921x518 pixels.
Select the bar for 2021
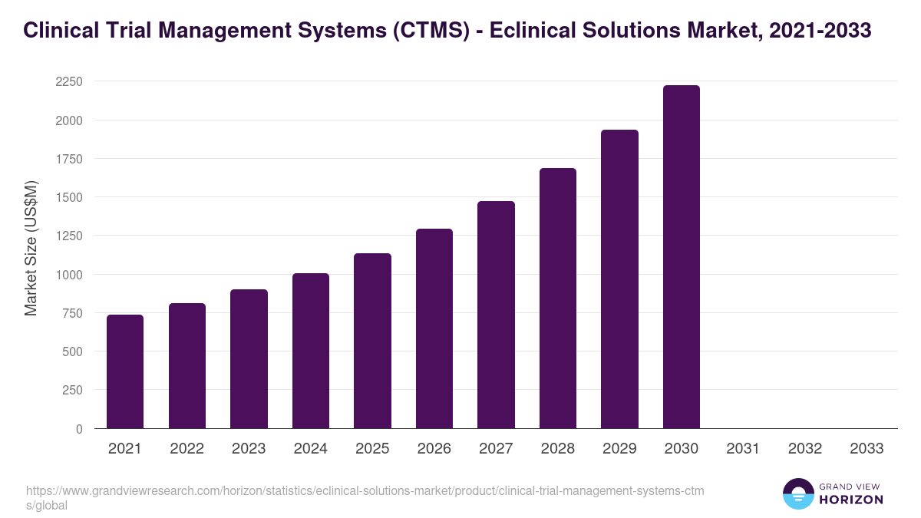(x=125, y=371)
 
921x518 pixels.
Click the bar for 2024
(x=310, y=351)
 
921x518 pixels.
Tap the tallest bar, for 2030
(x=681, y=257)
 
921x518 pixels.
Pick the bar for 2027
(x=496, y=315)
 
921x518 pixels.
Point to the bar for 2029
(x=619, y=279)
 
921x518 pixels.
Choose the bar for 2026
(x=434, y=328)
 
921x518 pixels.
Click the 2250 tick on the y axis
(x=68, y=82)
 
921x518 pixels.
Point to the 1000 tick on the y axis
(x=68, y=275)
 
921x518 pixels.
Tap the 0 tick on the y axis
(x=79, y=429)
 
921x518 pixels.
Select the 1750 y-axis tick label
(x=68, y=159)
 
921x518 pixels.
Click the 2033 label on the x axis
(x=867, y=449)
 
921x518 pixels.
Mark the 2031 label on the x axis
(x=743, y=449)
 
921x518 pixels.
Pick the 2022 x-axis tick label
(x=187, y=449)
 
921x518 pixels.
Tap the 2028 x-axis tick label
(x=557, y=449)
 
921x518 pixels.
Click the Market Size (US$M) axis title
(x=31, y=247)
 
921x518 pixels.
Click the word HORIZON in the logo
(x=851, y=500)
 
